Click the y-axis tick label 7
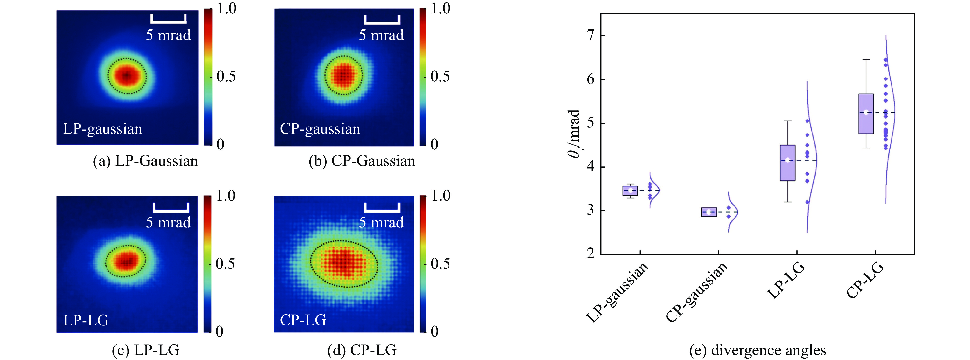click(591, 35)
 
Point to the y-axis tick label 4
click(591, 166)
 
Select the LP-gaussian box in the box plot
click(630, 191)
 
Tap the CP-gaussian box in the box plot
click(709, 212)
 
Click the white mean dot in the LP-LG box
click(787, 160)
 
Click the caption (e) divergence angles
click(757, 350)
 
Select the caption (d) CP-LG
click(362, 350)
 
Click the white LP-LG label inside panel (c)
click(86, 320)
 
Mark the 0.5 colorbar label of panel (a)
click(226, 77)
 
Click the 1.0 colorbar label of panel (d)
click(441, 196)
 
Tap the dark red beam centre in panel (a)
click(127, 76)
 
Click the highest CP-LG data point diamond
click(886, 59)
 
